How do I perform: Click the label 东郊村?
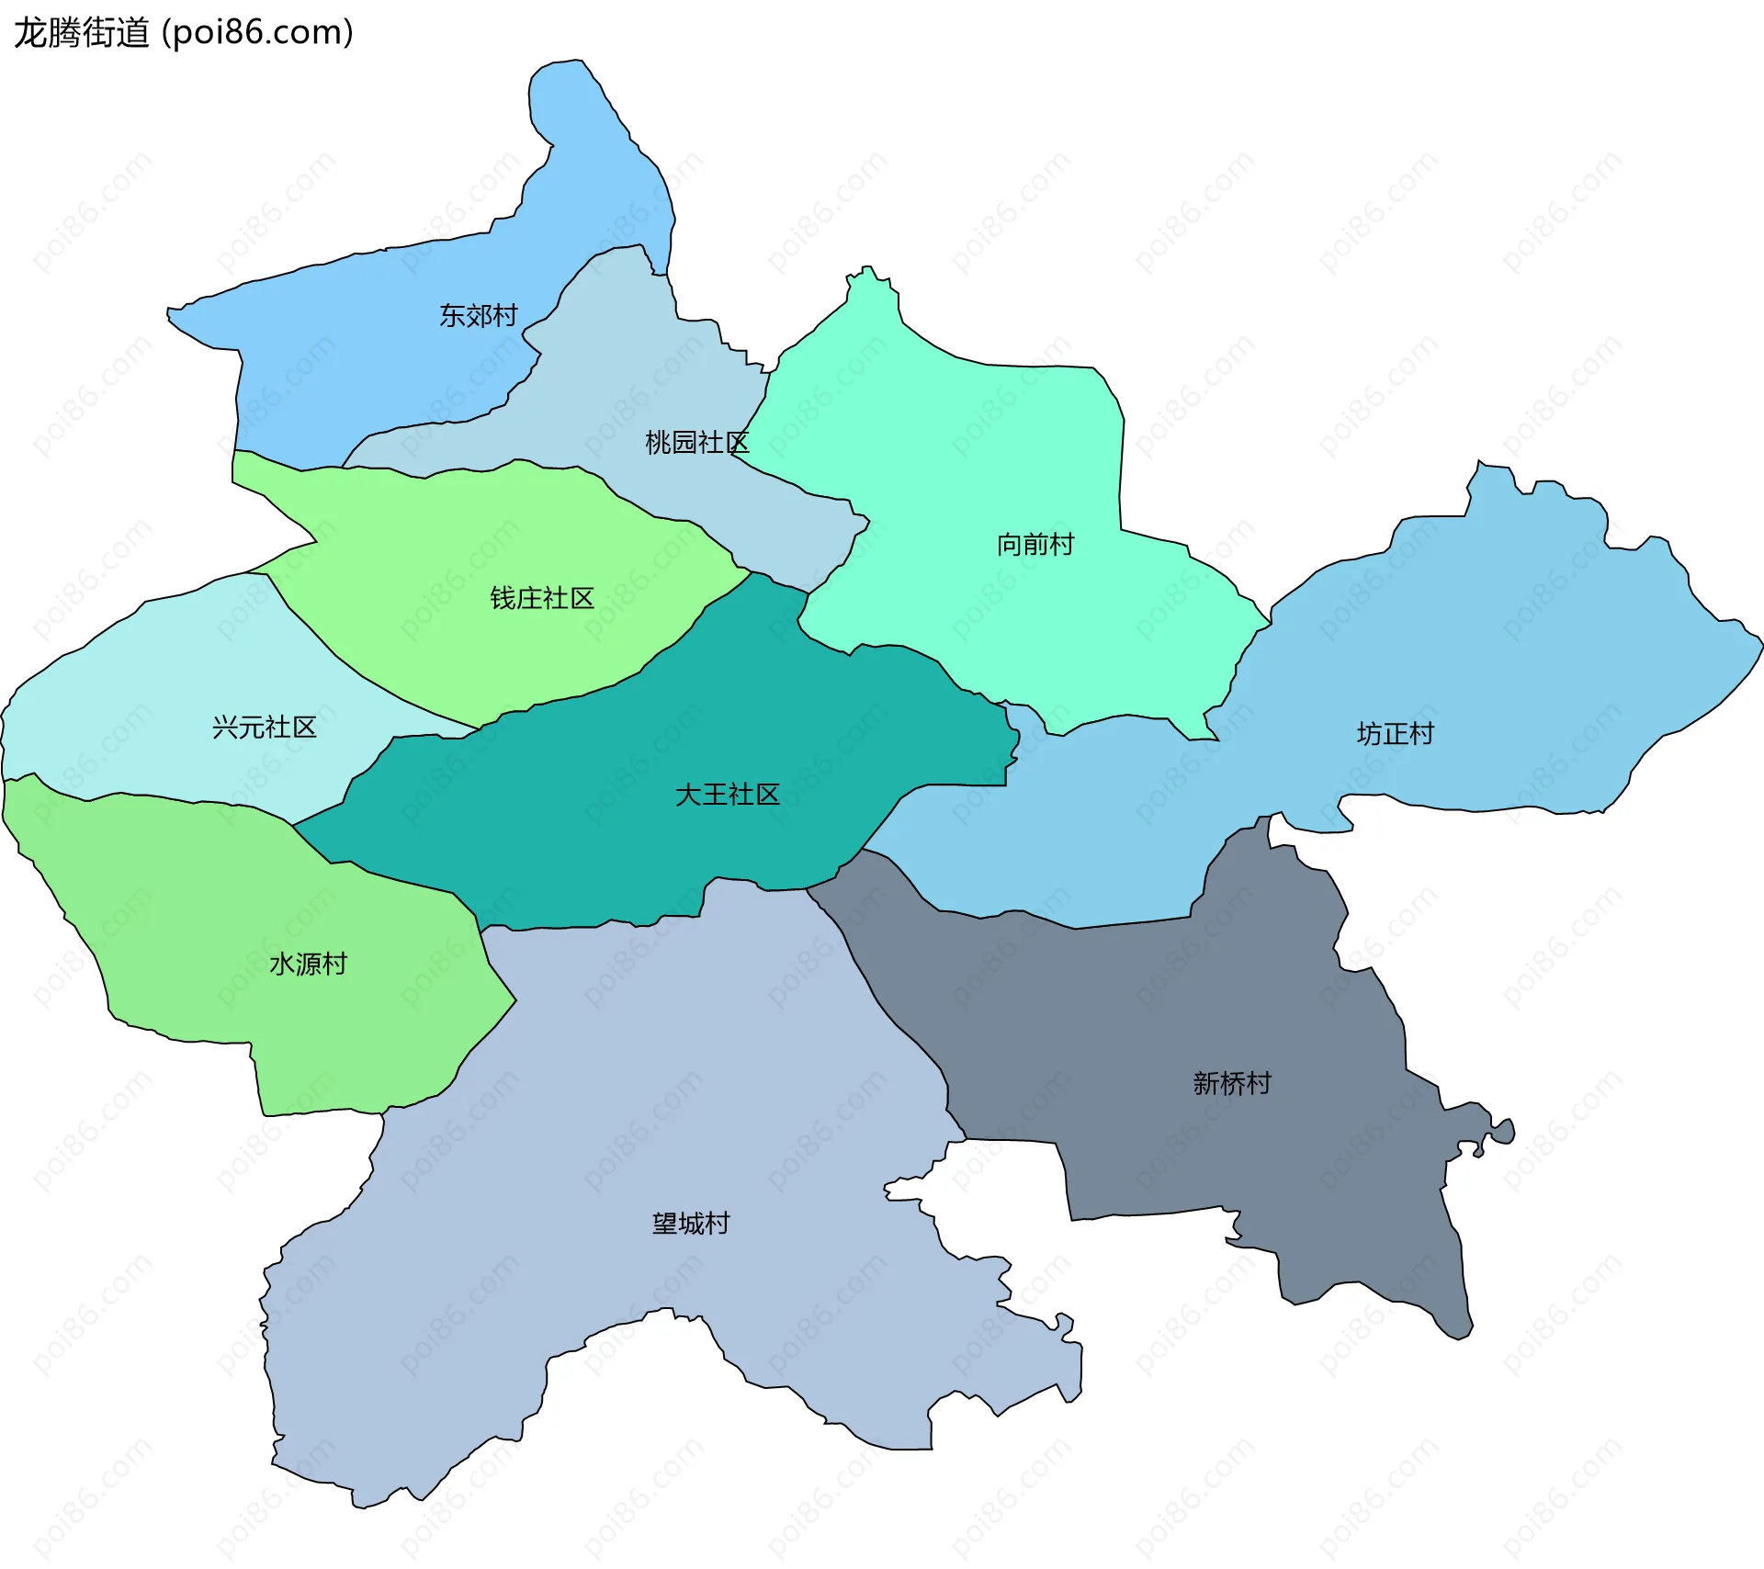click(x=478, y=316)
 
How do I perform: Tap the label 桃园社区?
click(x=696, y=443)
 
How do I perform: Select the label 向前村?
click(x=1035, y=545)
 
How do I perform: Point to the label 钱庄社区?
click(x=541, y=599)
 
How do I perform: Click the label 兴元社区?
click(x=264, y=728)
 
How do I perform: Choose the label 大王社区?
click(x=727, y=795)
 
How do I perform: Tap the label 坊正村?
click(x=1395, y=734)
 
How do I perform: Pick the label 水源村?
click(x=308, y=964)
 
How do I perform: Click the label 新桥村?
click(x=1231, y=1084)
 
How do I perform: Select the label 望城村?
click(x=690, y=1224)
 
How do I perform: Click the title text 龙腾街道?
click(x=81, y=33)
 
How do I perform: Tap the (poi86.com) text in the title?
click(x=257, y=33)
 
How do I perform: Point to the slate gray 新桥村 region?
click(x=1148, y=1010)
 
